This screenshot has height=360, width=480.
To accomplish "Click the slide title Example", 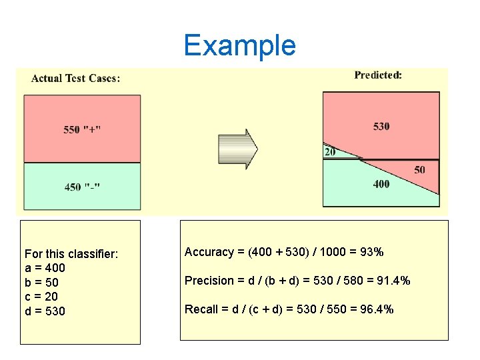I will [239, 45].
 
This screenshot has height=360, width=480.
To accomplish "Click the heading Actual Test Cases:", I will [76, 78].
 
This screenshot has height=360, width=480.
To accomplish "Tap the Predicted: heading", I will [378, 75].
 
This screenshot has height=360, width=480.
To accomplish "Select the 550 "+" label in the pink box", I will [83, 129].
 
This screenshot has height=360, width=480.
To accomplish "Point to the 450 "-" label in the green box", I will [83, 187].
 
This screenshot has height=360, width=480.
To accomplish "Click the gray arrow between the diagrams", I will [238, 149].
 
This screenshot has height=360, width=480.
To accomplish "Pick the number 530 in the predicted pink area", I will [381, 126].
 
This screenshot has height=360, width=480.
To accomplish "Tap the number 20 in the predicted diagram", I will [330, 152].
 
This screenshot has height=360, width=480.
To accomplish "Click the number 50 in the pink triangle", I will [419, 170].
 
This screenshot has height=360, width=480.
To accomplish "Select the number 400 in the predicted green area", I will [381, 184].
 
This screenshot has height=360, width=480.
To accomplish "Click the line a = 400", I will [45, 268].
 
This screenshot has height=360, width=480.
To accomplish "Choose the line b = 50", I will [41, 282].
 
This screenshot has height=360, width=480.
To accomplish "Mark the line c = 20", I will [41, 297].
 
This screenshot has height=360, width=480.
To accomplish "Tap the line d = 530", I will [45, 311].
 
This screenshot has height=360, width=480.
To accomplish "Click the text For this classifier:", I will [71, 254].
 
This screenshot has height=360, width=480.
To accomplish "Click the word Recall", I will [201, 309].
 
